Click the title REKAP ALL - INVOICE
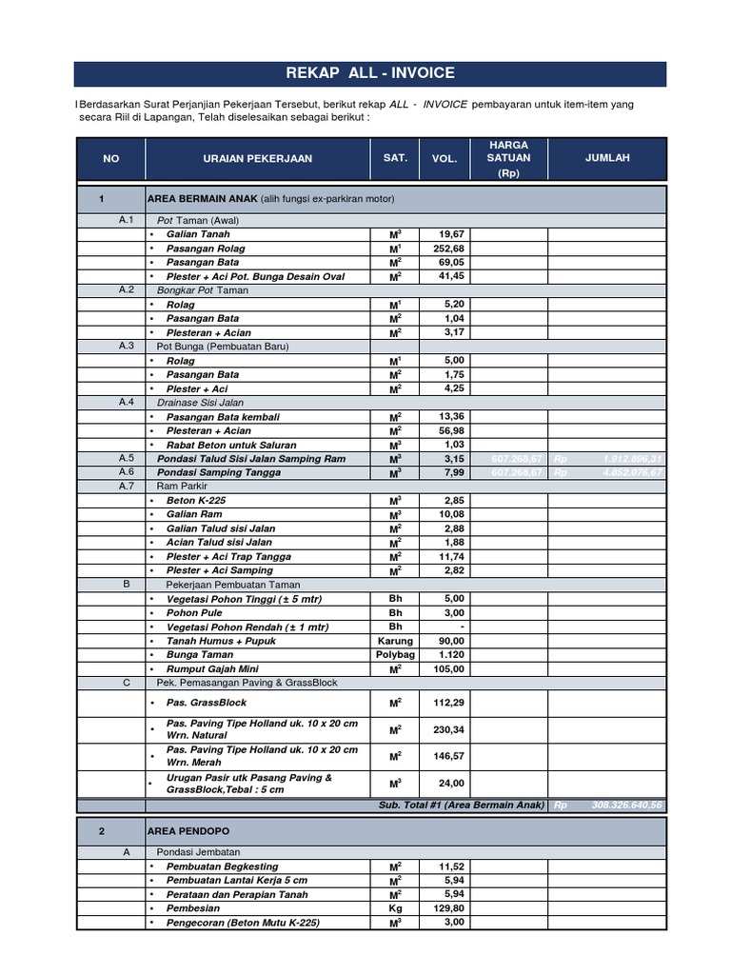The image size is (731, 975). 370,73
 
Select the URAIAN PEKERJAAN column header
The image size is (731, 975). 257,159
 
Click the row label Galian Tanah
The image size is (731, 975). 198,233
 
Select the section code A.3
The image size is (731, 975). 127,346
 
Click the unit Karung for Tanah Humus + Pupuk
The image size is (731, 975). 395,641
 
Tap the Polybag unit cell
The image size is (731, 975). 395,655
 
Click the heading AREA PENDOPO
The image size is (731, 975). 188,831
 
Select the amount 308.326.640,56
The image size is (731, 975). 626,805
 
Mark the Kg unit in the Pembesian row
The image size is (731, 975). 395,908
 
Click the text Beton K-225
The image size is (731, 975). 197,500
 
